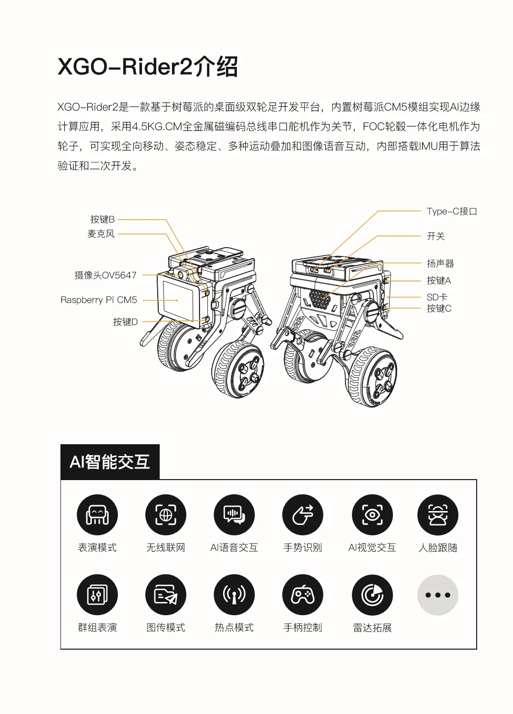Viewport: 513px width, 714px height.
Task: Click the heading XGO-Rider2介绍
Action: pos(147,66)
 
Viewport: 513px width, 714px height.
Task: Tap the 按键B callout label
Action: pos(102,219)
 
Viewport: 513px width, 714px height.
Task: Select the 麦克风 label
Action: pos(101,233)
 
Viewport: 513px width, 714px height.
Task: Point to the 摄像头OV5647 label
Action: pos(106,275)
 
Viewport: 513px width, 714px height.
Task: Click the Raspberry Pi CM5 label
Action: pos(99,300)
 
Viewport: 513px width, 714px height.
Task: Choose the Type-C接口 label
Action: pos(452,211)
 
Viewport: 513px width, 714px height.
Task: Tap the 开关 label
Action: pos(435,236)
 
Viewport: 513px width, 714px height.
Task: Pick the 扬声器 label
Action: pos(440,263)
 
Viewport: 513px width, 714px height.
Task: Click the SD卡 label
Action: pos(437,297)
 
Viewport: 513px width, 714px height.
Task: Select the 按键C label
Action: pos(439,308)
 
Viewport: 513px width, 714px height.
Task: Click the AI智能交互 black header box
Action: pos(110,461)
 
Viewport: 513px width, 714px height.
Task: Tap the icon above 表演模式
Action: pos(97,514)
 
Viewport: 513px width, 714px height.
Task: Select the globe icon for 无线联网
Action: pos(166,514)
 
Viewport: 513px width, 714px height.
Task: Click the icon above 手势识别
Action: pos(303,514)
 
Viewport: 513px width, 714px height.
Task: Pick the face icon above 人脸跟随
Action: pos(438,514)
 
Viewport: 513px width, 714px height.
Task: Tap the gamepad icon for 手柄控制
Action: pos(303,595)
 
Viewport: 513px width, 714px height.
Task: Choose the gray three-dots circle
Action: pos(438,595)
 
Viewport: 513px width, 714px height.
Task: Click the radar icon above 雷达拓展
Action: pos(372,595)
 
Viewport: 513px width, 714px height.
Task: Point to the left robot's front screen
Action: pos(177,300)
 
